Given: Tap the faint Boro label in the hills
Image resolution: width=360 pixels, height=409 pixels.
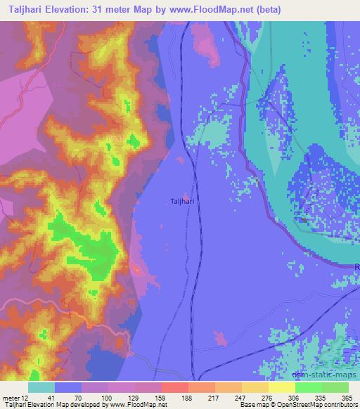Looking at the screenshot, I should point(116,138).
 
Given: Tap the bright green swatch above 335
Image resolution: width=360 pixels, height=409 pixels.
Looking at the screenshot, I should point(308,387).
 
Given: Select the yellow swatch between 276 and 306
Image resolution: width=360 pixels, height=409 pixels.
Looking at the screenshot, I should point(281,387).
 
